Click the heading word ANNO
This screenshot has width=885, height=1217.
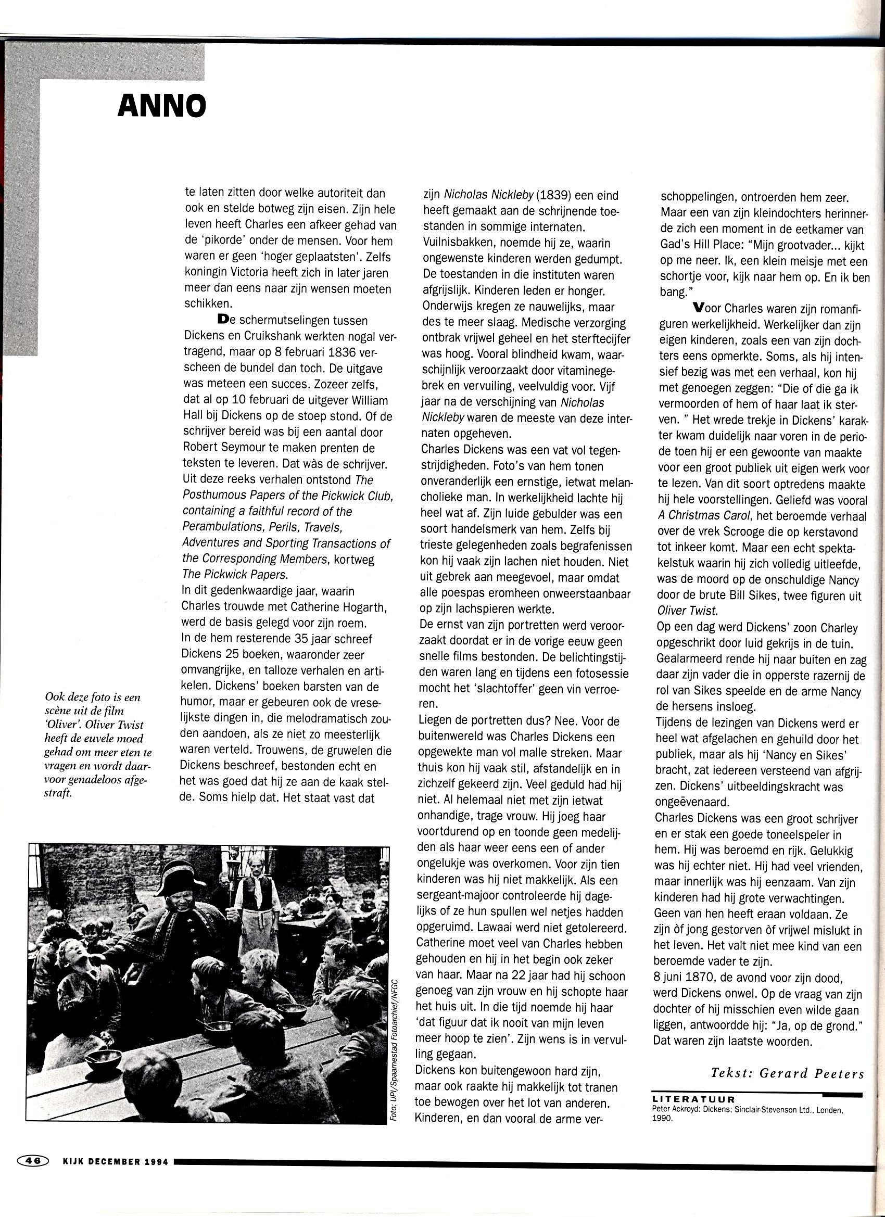[x=161, y=106]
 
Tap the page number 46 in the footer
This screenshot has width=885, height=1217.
[x=33, y=1161]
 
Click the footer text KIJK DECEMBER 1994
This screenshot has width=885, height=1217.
[x=116, y=1161]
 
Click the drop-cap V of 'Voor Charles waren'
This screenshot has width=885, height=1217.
[x=698, y=308]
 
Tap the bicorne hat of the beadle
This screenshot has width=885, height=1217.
[x=178, y=877]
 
